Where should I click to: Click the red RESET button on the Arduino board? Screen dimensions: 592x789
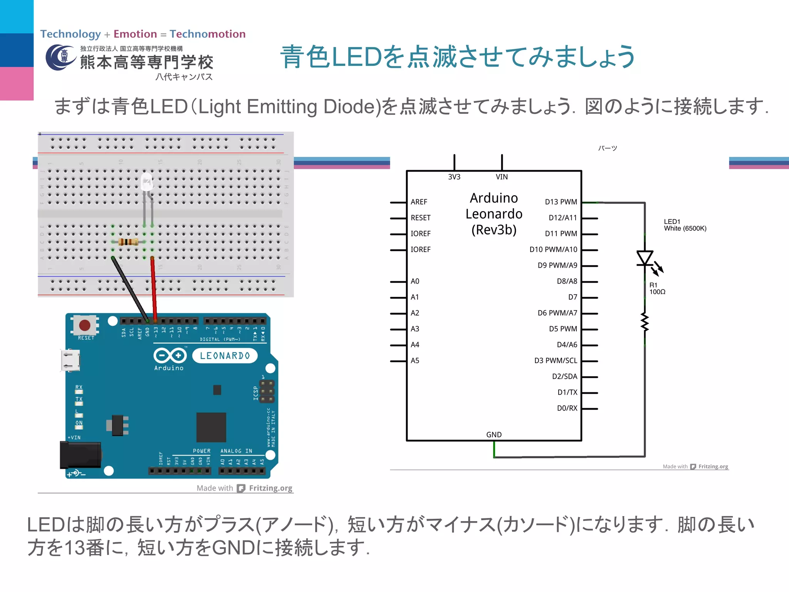pyautogui.click(x=85, y=325)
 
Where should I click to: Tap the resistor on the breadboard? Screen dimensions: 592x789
pyautogui.click(x=128, y=242)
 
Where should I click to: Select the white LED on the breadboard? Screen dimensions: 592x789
pyautogui.click(x=147, y=182)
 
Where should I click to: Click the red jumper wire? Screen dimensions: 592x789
pyautogui.click(x=154, y=289)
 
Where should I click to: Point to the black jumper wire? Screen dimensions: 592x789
pyautogui.click(x=130, y=289)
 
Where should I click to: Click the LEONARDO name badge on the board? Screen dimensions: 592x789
pyautogui.click(x=225, y=356)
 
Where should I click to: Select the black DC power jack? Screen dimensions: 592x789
pyautogui.click(x=80, y=455)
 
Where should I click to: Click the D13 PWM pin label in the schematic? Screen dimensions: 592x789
pyautogui.click(x=561, y=202)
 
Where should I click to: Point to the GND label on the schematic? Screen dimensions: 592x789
pyautogui.click(x=494, y=435)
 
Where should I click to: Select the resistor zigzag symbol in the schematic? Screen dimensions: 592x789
pyautogui.click(x=645, y=322)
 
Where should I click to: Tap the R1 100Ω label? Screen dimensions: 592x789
pyautogui.click(x=657, y=288)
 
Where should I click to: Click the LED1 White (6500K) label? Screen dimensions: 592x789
pyautogui.click(x=685, y=225)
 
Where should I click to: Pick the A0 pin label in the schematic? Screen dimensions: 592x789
pyautogui.click(x=415, y=281)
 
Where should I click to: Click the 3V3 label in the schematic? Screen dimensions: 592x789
pyautogui.click(x=454, y=177)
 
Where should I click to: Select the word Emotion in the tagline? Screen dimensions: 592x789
pyautogui.click(x=135, y=34)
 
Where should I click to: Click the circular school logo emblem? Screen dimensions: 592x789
pyautogui.click(x=60, y=58)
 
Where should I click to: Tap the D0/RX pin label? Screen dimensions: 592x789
pyautogui.click(x=567, y=408)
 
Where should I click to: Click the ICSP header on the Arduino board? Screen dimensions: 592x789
pyautogui.click(x=267, y=392)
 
